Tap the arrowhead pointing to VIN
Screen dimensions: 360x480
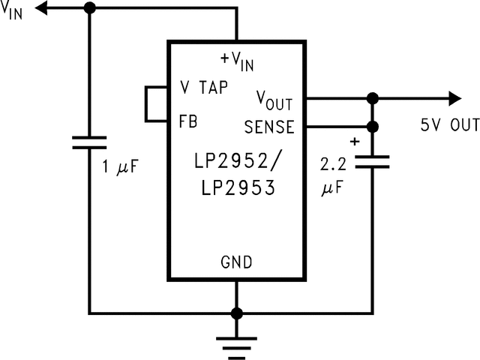coord(46,8)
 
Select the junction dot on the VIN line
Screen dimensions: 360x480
coord(89,8)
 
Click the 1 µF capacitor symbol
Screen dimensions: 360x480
coord(89,142)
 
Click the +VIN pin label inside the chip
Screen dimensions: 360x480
coord(237,60)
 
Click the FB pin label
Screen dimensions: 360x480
coord(188,121)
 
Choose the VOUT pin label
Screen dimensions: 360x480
coord(274,99)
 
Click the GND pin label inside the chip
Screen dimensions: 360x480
coord(236,262)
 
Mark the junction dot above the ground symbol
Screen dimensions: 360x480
coord(236,313)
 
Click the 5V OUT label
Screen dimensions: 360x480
coord(448,126)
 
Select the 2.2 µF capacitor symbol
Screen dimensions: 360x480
coord(372,162)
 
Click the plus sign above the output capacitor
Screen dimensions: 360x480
coord(355,140)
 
